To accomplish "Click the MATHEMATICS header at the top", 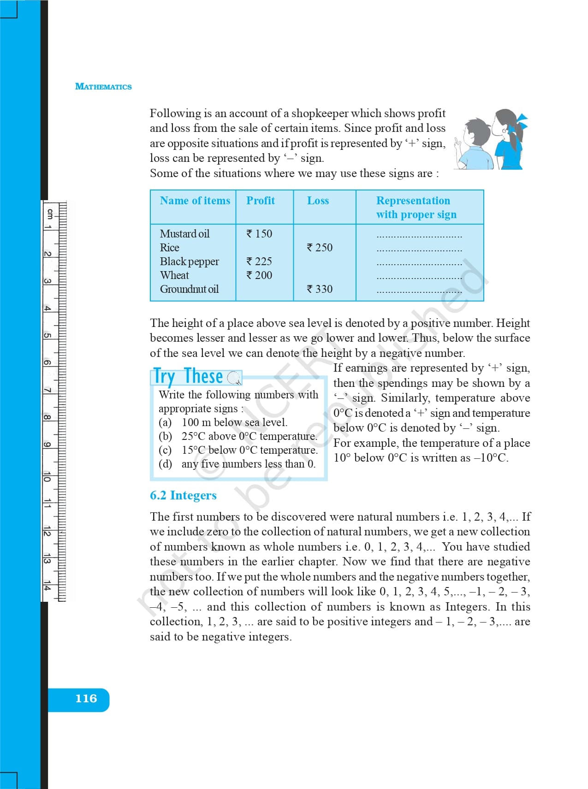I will tap(103, 87).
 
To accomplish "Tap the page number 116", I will tap(86, 699).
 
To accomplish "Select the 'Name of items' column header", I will tap(195, 201).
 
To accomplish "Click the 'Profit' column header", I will tap(260, 201).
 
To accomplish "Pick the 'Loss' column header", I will tap(318, 201).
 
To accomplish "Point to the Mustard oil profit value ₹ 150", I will tap(259, 234).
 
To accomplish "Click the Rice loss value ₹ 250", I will tap(320, 248).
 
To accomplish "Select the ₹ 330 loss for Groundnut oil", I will tap(320, 289).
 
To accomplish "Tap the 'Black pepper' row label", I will tap(189, 261).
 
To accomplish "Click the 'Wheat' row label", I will tap(174, 275).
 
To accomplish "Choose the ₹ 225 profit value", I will tap(259, 261).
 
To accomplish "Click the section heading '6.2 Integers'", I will tap(183, 495).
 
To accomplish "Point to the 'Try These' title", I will tap(188, 376).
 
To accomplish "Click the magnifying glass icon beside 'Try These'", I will tap(234, 378).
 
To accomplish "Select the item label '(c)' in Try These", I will tap(165, 450).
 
